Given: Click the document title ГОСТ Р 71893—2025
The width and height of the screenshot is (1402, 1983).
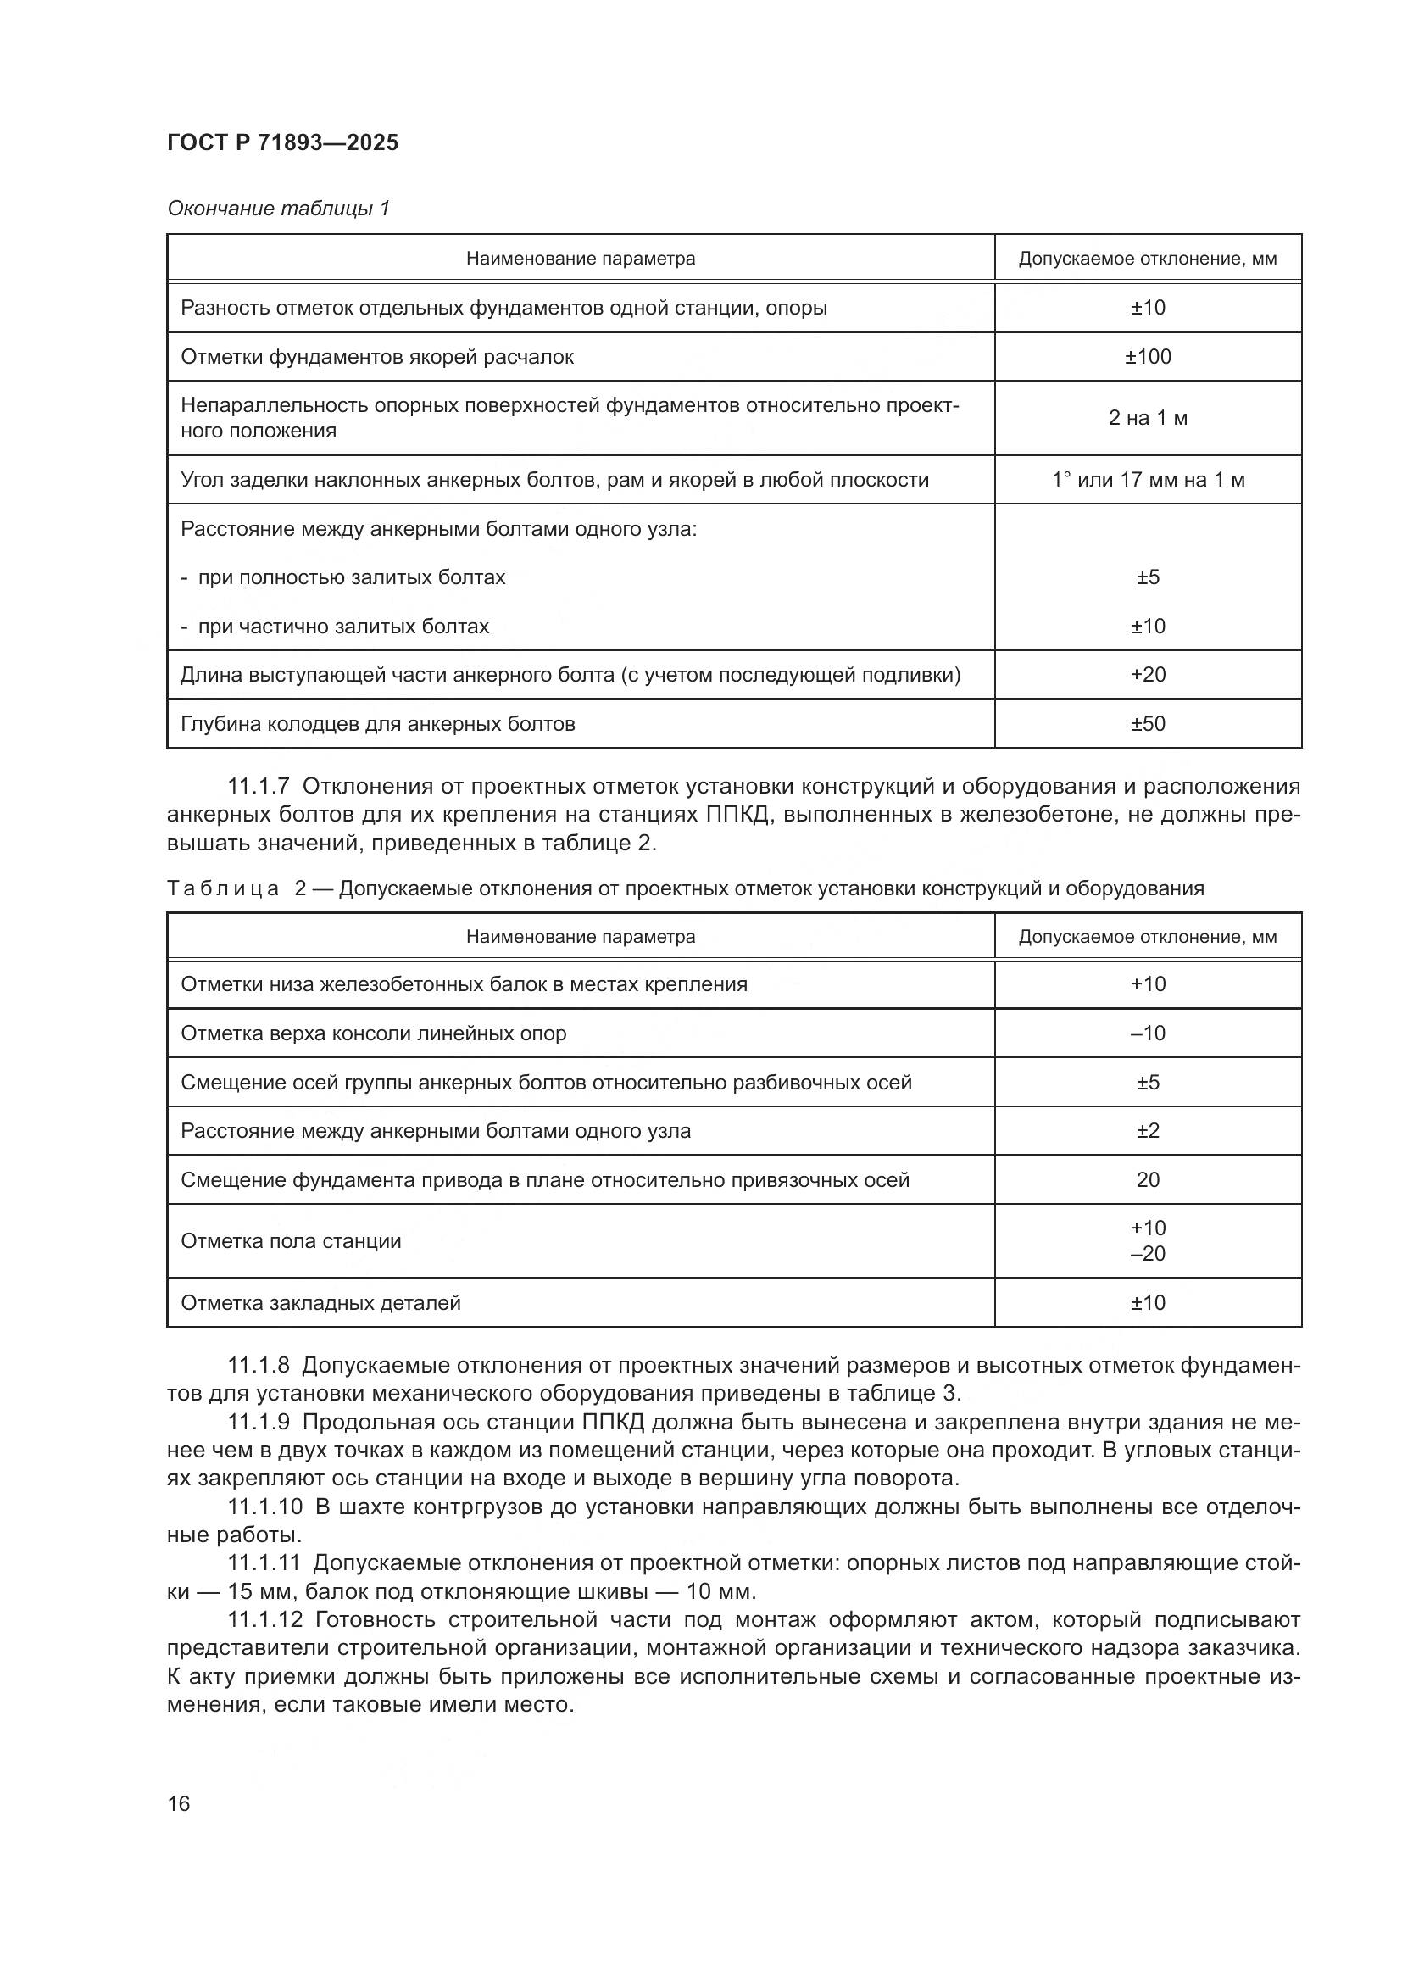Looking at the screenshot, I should coord(282,142).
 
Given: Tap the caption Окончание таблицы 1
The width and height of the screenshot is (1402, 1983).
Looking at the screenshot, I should coord(278,209).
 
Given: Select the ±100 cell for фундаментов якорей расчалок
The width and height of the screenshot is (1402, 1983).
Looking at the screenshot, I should coord(1148,357).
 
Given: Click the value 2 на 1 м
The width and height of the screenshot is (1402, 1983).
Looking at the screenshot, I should coord(1148,418).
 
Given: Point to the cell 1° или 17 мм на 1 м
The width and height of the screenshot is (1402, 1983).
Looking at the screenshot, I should coord(1148,479).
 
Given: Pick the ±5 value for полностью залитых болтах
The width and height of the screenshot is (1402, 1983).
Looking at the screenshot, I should coord(1148,577).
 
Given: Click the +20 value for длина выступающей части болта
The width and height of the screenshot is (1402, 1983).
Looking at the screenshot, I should coord(1148,675).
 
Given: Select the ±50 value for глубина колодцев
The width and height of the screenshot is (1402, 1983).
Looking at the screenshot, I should coord(1148,724).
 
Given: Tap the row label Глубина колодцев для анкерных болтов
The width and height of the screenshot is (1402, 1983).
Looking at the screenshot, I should coord(377,724).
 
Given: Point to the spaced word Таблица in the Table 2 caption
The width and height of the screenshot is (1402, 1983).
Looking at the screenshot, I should coord(223,888).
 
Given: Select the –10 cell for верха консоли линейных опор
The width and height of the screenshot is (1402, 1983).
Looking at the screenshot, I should coord(1148,1033).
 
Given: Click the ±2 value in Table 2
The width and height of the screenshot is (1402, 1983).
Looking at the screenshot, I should coord(1148,1131).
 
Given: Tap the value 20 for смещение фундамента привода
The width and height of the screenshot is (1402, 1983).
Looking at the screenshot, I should coord(1148,1180).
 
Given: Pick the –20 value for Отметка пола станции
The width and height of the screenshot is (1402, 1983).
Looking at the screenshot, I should coord(1148,1253).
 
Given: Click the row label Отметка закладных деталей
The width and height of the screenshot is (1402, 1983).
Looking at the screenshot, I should coord(320,1302).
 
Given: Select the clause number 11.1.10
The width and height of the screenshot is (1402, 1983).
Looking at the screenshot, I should coord(265,1507).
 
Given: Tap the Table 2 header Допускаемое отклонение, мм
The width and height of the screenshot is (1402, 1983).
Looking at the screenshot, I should coord(1148,937).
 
